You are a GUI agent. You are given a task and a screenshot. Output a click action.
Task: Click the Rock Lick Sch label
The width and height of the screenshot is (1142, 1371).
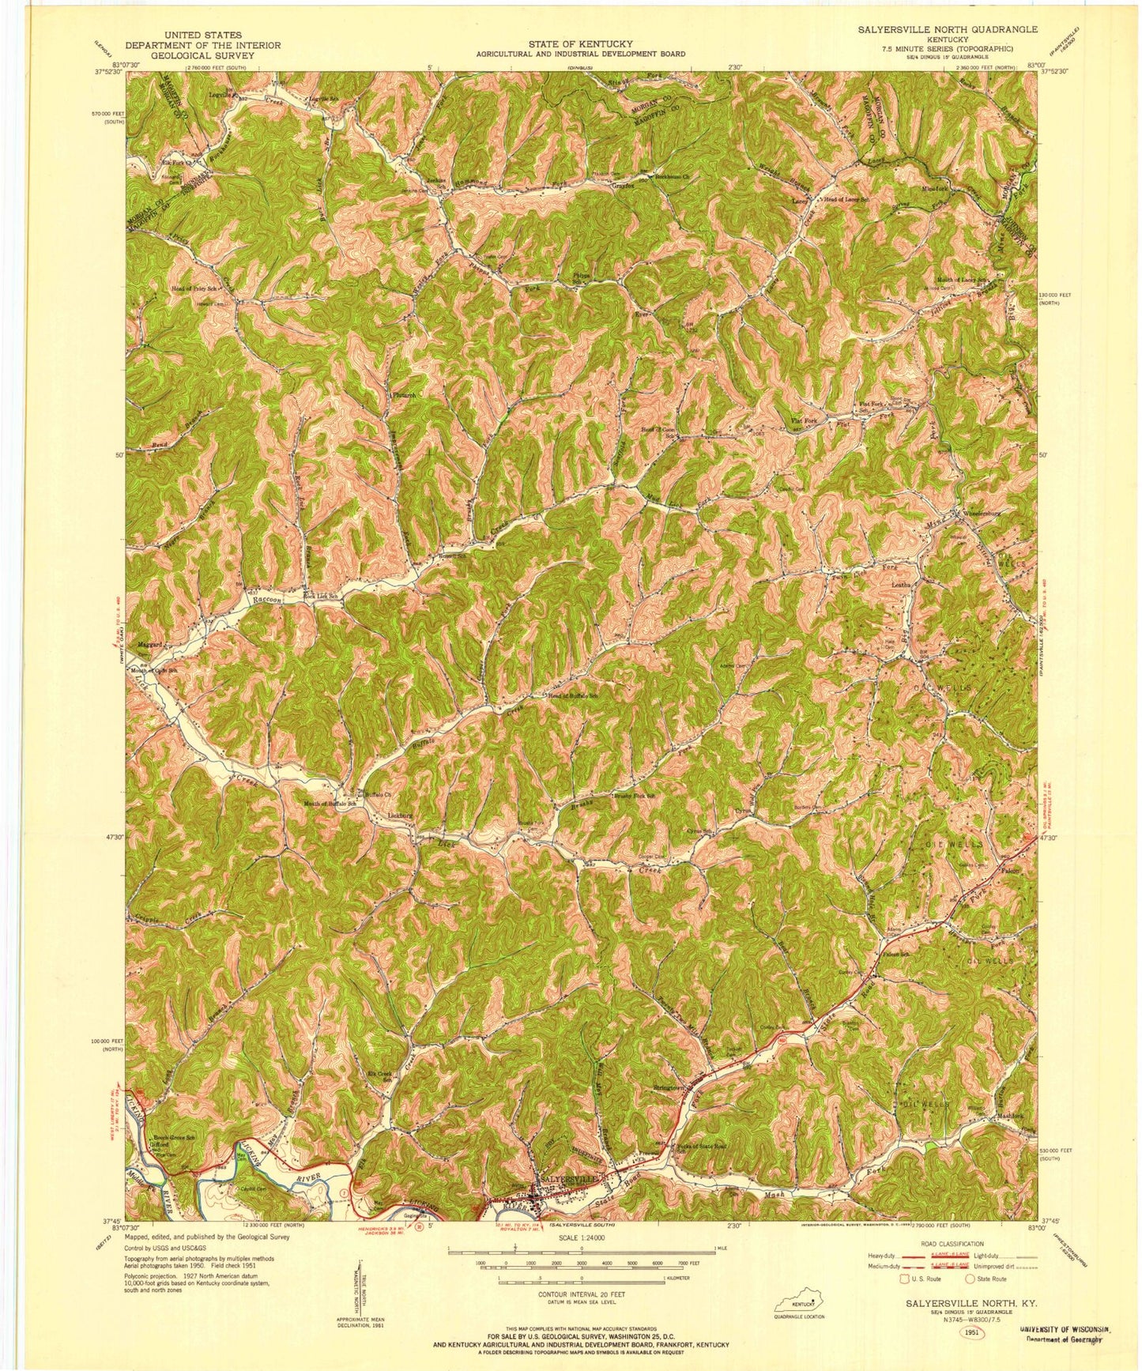click(323, 595)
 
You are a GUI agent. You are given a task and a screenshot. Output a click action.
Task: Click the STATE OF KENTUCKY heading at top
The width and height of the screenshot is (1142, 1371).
click(580, 44)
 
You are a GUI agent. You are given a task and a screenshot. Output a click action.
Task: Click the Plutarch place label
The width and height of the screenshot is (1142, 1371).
click(398, 394)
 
